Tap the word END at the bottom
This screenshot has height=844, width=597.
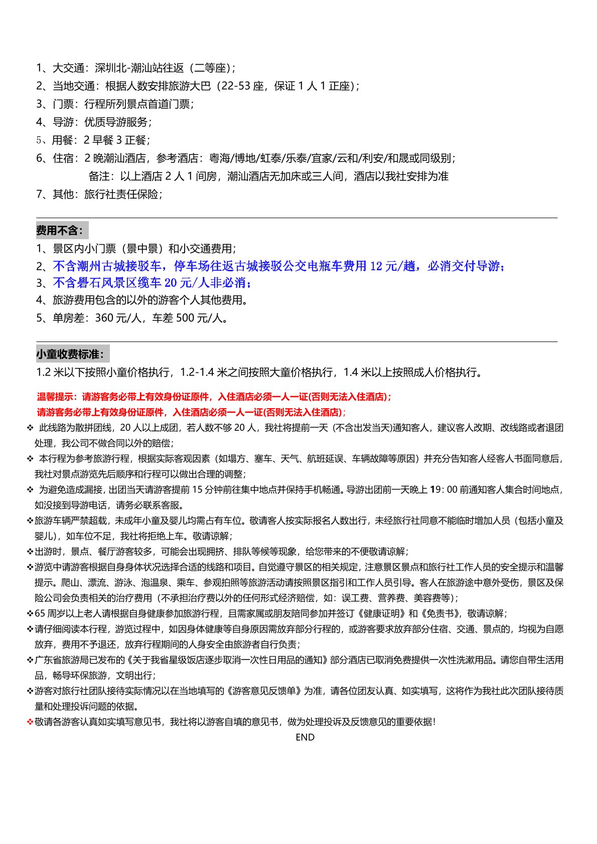(x=305, y=737)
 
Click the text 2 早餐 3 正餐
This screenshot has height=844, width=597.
(x=116, y=140)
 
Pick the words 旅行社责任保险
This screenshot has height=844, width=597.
(x=123, y=194)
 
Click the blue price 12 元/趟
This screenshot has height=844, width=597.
(x=393, y=266)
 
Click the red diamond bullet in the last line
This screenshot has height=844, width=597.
(x=30, y=722)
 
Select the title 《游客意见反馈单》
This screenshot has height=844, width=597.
(x=268, y=691)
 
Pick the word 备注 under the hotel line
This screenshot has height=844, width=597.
(x=99, y=176)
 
